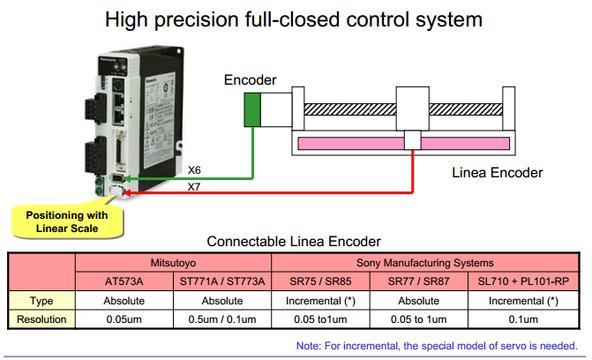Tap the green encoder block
253,109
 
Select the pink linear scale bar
404,141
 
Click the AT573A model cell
124,281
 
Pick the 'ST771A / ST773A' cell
221,281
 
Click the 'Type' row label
41,300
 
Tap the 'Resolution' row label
41,319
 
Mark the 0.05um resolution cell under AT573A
124,319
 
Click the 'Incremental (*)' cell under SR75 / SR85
321,300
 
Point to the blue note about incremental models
437,345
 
